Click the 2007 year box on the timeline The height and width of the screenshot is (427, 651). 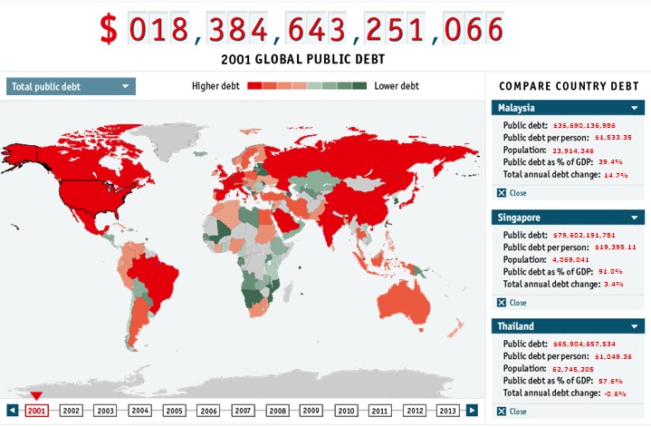tap(243, 410)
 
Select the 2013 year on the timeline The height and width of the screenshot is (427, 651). tap(447, 410)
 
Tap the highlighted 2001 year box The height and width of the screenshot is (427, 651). tap(37, 410)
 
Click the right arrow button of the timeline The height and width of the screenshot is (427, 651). tap(472, 410)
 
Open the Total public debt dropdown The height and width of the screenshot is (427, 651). tap(71, 87)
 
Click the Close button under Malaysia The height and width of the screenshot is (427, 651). tap(512, 193)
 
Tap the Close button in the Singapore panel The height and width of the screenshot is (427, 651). tap(512, 302)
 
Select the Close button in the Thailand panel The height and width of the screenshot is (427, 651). tap(512, 411)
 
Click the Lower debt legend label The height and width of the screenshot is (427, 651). tap(397, 86)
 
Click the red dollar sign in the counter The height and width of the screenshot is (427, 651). tap(109, 31)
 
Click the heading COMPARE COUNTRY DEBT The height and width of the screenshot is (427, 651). tap(569, 85)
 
